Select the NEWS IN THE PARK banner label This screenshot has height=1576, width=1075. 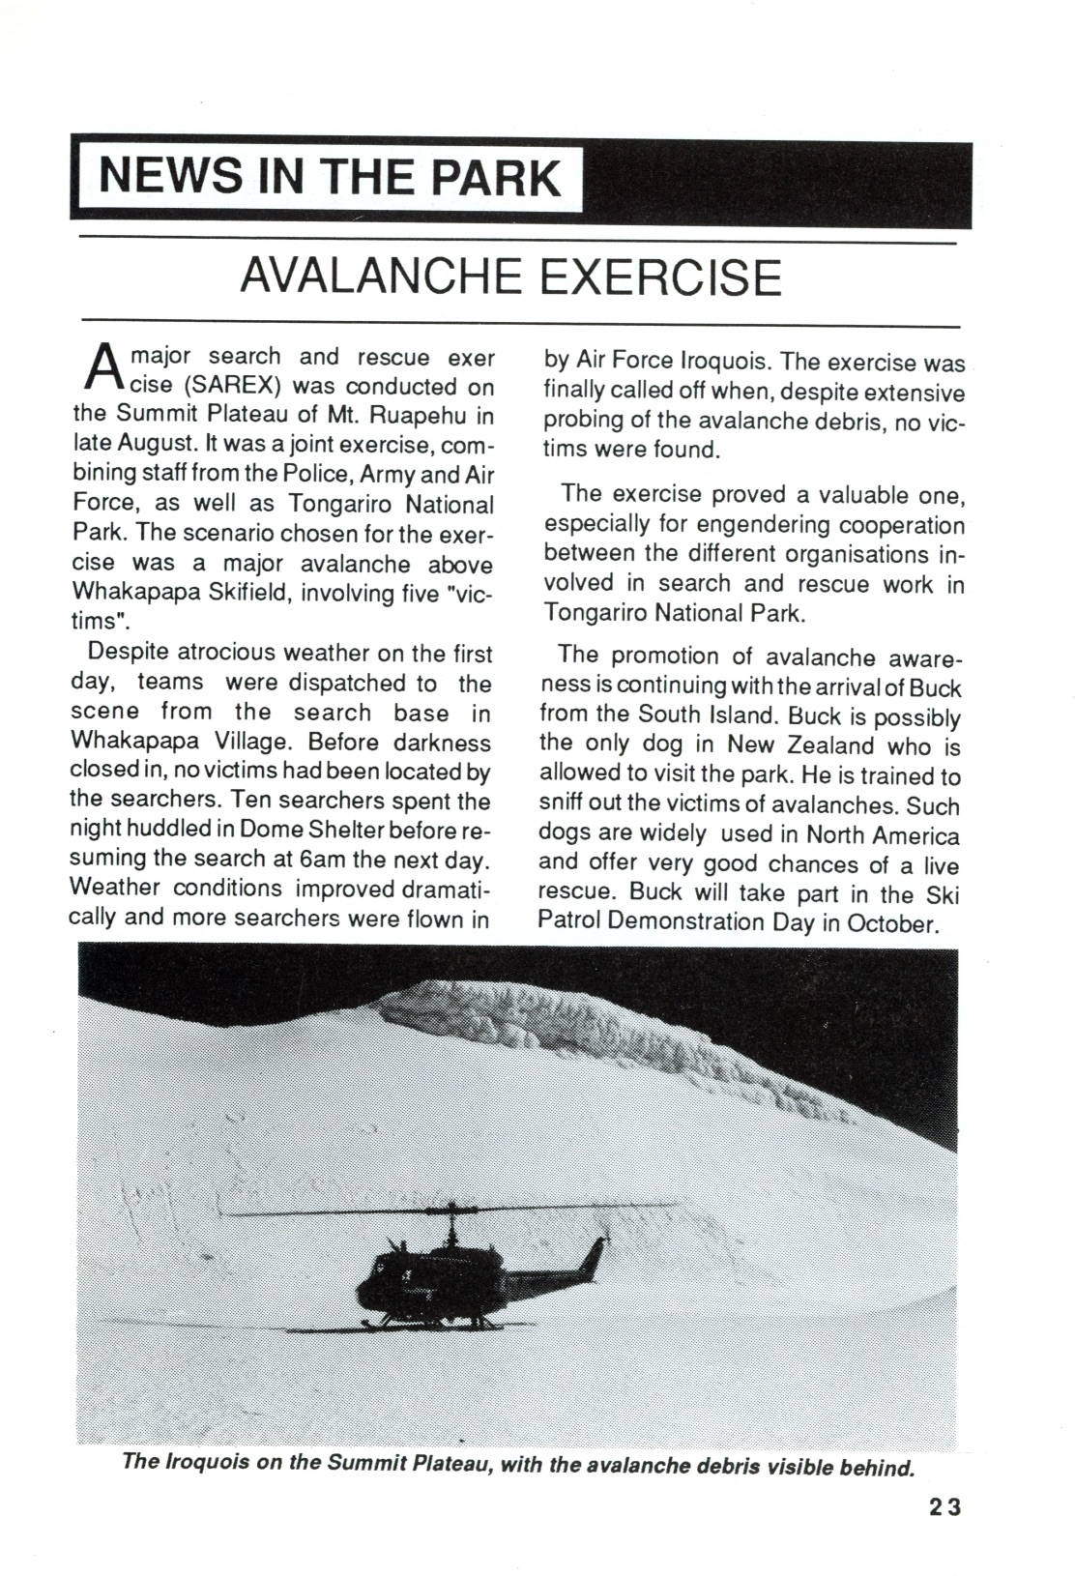tap(331, 178)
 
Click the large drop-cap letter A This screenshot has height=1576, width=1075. tap(101, 367)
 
